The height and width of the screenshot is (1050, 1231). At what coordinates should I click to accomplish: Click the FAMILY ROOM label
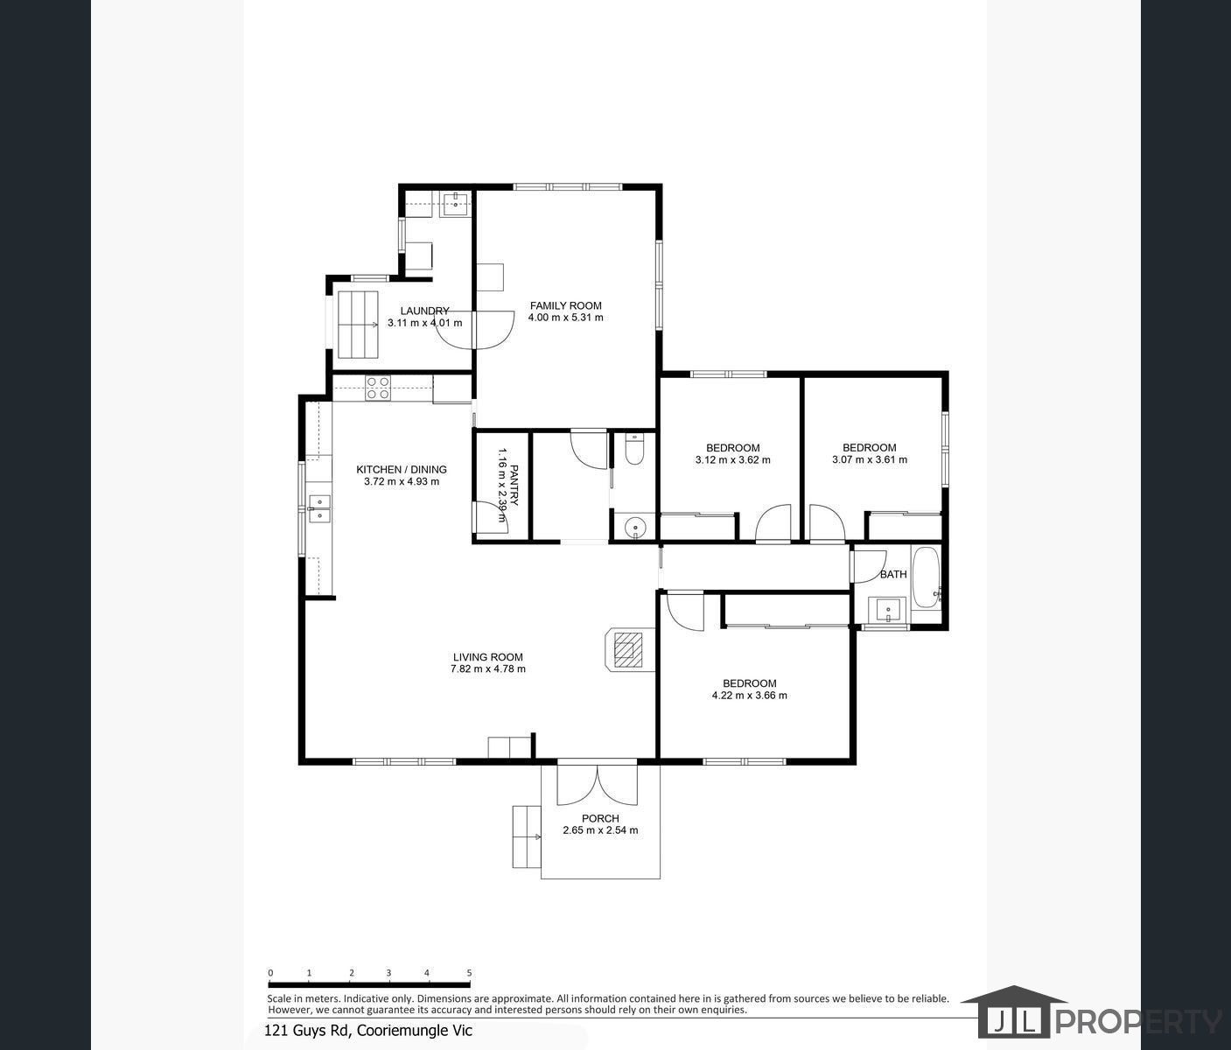click(x=565, y=305)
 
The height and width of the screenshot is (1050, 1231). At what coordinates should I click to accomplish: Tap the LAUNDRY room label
click(x=424, y=311)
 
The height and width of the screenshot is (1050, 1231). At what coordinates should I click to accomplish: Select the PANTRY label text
click(x=514, y=486)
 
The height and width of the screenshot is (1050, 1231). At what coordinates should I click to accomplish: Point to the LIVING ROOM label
click(x=487, y=657)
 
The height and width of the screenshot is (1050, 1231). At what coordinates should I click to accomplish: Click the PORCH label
click(x=600, y=818)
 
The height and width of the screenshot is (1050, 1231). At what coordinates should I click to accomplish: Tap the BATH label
click(x=893, y=575)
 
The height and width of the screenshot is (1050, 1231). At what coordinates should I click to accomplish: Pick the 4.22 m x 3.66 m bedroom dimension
click(x=749, y=696)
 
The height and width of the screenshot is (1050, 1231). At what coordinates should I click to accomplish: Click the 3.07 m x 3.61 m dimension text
click(x=869, y=459)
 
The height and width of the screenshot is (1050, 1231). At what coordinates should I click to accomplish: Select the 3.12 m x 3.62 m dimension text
click(x=732, y=459)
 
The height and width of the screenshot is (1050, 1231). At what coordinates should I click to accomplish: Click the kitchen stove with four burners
click(x=378, y=388)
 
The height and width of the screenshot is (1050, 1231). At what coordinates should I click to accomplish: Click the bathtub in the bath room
click(x=926, y=577)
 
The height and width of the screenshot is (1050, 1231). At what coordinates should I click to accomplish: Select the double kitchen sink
click(x=318, y=508)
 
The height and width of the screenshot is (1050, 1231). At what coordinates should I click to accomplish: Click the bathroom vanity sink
click(x=888, y=610)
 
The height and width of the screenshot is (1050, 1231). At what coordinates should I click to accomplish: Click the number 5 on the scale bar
click(x=469, y=972)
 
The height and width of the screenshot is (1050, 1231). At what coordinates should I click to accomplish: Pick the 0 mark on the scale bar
click(x=270, y=972)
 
